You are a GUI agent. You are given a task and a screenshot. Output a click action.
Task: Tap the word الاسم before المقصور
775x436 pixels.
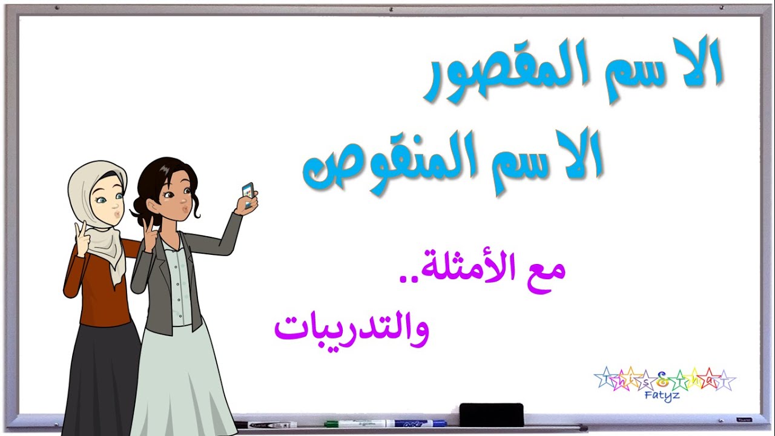coord(660,67)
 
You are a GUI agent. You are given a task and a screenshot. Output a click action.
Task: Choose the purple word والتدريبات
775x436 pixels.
coord(351,330)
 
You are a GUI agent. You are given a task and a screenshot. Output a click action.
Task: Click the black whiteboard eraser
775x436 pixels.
coord(491,414)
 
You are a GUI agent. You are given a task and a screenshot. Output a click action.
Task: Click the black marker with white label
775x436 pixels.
coord(266,425)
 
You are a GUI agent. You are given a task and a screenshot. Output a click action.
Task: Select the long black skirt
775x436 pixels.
coord(100,375)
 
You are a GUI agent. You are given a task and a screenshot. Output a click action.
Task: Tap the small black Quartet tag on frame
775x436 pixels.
coord(743,420)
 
